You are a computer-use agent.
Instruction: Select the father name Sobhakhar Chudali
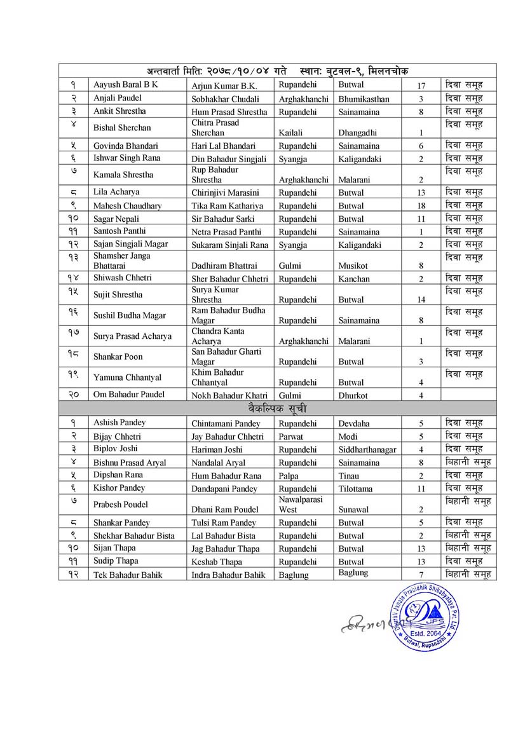225,99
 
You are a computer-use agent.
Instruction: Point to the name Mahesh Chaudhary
127,206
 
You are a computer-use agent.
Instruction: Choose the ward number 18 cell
421,206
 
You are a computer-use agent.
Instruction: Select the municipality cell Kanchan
353,278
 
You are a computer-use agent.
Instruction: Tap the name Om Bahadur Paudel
129,395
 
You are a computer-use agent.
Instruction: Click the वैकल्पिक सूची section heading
277,407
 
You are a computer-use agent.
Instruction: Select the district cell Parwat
291,437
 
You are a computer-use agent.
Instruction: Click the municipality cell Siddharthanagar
367,449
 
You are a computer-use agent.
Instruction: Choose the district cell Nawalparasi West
300,504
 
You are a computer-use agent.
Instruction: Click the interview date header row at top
277,71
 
